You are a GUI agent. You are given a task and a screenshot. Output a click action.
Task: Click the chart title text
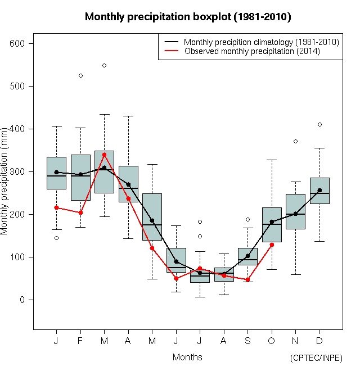coord(188,17)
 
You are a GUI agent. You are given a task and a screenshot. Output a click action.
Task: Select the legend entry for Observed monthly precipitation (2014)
coord(252,51)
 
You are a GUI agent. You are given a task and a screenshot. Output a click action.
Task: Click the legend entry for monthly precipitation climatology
coord(261,42)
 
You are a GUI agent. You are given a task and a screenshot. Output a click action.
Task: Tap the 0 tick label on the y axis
coord(22,300)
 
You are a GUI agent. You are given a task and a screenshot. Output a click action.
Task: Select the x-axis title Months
coord(187,357)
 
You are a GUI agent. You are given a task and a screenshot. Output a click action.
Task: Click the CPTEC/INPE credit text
coord(316,358)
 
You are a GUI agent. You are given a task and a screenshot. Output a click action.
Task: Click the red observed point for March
coord(104,155)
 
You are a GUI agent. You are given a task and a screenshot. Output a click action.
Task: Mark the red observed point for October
coord(272,245)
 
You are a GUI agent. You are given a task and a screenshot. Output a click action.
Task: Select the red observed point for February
coord(80,212)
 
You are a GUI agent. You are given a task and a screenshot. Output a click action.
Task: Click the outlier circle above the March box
coord(104,65)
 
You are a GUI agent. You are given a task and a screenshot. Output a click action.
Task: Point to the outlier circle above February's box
coord(80,75)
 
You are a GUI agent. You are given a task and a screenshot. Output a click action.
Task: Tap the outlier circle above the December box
coord(319,124)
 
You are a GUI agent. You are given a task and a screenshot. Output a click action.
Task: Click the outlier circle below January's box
coord(56,238)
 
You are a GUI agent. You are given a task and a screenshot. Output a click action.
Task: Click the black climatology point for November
coord(296,214)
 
